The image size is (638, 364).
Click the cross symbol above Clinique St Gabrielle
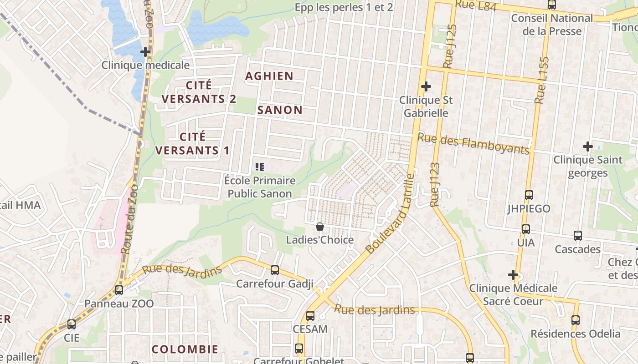click(x=426, y=86)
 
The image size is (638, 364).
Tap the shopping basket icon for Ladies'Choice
click(x=320, y=226)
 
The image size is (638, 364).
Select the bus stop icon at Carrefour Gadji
click(x=275, y=270)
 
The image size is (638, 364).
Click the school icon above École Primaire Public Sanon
click(x=260, y=167)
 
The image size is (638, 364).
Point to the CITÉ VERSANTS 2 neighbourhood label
click(x=199, y=92)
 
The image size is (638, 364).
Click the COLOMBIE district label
click(x=185, y=349)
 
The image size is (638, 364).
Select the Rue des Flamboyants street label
click(x=474, y=143)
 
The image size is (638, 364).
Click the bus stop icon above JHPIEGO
click(x=529, y=195)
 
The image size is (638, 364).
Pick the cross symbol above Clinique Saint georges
click(x=588, y=147)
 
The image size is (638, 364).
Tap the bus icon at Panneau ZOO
click(x=119, y=290)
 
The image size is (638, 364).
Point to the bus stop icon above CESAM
click(x=310, y=315)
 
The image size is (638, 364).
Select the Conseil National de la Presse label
click(x=552, y=25)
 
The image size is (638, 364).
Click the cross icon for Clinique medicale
click(x=145, y=52)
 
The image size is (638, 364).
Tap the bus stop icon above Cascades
click(x=578, y=236)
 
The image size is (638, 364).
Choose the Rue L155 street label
click(x=542, y=80)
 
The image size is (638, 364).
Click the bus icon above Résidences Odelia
click(x=576, y=320)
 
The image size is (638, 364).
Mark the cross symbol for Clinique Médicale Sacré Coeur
click(x=513, y=275)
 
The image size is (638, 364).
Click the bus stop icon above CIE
click(x=72, y=324)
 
